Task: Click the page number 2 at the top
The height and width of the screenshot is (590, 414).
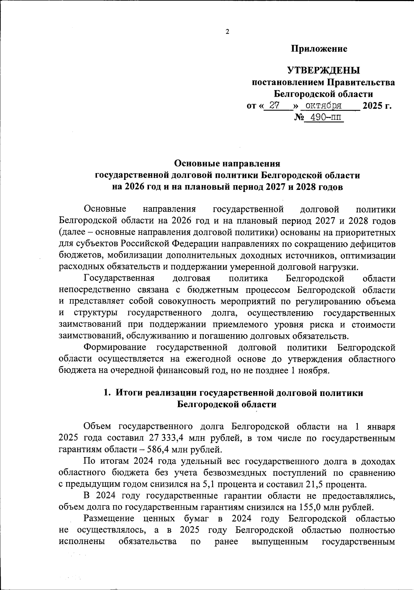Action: tap(227, 32)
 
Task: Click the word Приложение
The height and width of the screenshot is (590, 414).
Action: tap(319, 49)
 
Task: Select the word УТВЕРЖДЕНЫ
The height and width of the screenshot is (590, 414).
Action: tap(324, 71)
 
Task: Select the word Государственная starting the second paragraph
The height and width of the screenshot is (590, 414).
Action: tap(119, 278)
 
